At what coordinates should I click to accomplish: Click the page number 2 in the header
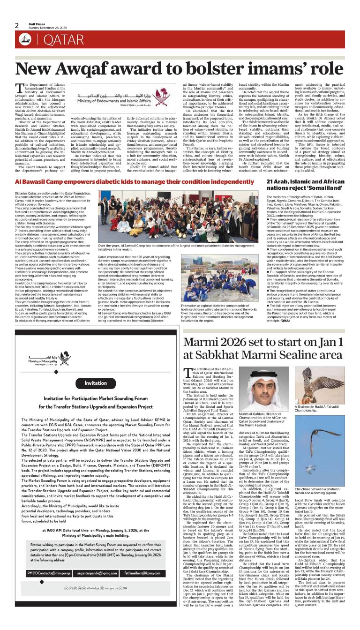16,25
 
